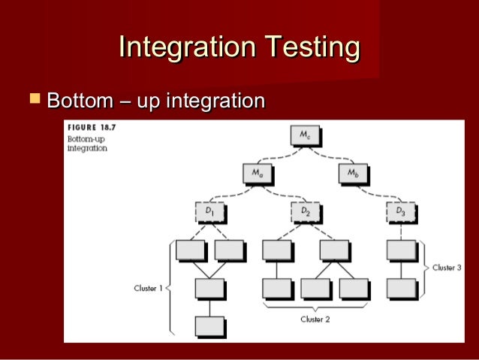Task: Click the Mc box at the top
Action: point(305,135)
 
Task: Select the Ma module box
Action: point(258,174)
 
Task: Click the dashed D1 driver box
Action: point(209,213)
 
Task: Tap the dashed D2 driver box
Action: point(305,213)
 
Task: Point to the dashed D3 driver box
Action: point(400,213)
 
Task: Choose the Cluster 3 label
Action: point(450,268)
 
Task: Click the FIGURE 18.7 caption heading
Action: point(88,128)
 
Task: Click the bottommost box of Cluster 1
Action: point(209,326)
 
